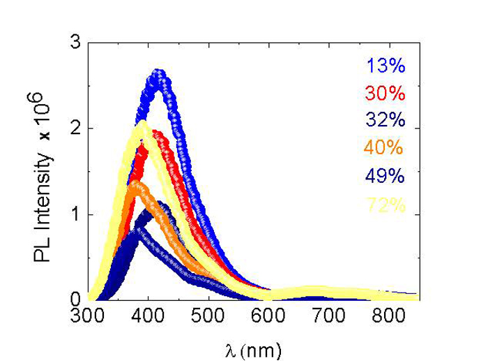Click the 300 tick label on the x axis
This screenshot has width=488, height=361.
point(88,316)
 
